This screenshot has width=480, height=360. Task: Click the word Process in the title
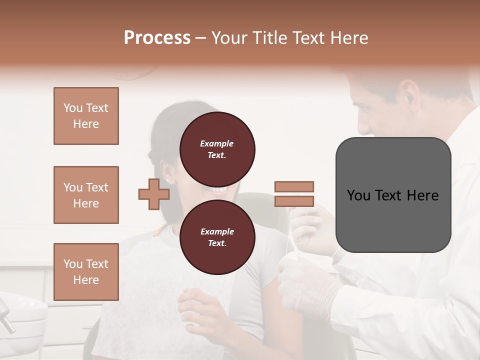[x=157, y=38]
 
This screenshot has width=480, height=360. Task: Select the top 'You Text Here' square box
[x=86, y=116]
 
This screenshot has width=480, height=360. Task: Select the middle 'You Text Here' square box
[x=86, y=195]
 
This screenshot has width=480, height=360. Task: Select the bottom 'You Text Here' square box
[x=86, y=272]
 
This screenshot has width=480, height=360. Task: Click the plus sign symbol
[x=154, y=194]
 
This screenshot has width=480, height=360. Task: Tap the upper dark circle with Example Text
[x=217, y=149]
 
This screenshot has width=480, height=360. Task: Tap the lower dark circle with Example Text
[x=217, y=237]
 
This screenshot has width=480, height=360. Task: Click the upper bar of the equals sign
[x=294, y=186]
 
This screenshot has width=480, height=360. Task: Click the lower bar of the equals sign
[x=294, y=201]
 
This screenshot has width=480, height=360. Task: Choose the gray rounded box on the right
[x=393, y=195]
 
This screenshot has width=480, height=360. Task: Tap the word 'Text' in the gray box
[x=392, y=195]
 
